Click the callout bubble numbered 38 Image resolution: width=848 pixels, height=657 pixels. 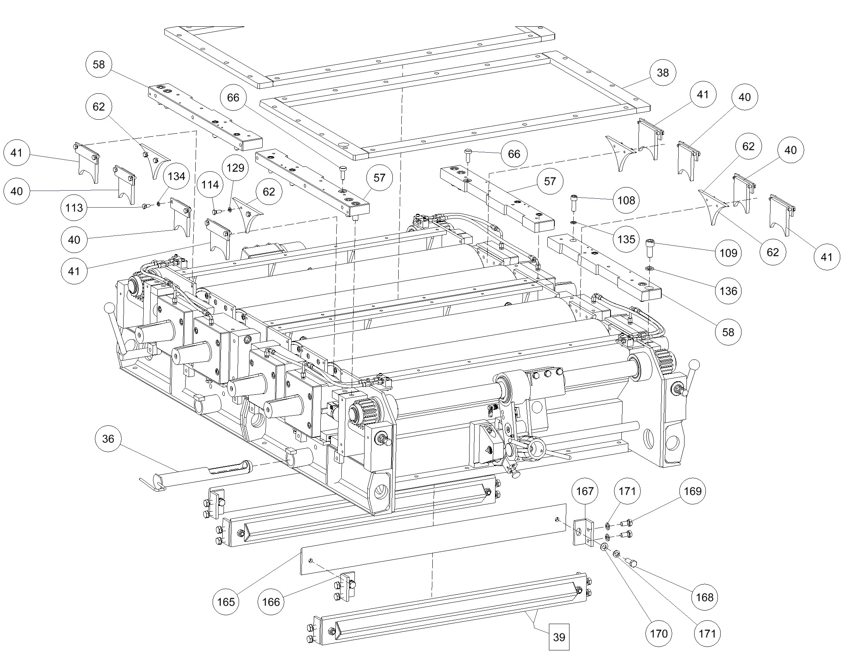pos(663,72)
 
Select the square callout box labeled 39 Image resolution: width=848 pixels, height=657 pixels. pos(559,637)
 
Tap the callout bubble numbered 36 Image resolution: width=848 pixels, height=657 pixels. pos(108,439)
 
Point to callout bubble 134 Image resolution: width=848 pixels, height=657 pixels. pos(176,176)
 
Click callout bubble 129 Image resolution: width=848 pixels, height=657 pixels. pos(235,168)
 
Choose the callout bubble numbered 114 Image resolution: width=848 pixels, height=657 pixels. pos(210,184)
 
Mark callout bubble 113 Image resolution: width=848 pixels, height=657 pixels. pos(74,208)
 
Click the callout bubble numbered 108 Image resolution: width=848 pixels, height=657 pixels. pos(626,200)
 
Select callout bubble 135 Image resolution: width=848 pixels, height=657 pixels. pos(626,239)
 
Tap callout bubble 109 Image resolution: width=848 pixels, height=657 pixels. pos(728,253)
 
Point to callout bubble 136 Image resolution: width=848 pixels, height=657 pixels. pos(728,291)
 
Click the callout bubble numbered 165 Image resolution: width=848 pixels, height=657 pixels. pos(225,602)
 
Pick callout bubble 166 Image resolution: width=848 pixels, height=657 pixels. pos(271,602)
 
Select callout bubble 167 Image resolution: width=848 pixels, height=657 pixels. pos(585,491)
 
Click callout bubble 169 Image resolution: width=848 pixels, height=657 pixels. pos(693,491)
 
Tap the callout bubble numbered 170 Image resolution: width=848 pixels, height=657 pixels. pos(659,634)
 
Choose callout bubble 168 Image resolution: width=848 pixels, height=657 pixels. pos(705,597)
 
